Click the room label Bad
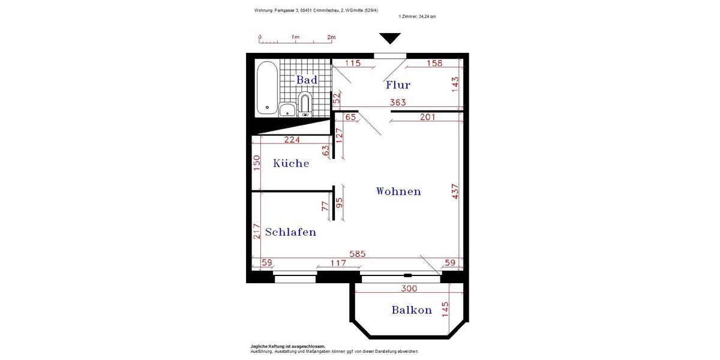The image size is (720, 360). click(307, 80)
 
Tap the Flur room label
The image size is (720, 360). click(398, 85)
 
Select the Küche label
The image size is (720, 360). click(291, 163)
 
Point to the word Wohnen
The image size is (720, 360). click(398, 191)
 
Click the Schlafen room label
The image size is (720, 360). click(290, 232)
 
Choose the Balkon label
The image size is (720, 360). click(412, 310)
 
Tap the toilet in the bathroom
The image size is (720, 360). click(305, 103)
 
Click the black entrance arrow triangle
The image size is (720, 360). click(390, 39)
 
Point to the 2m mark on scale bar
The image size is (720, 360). click(331, 37)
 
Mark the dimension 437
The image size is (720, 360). click(455, 192)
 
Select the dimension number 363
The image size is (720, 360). click(399, 103)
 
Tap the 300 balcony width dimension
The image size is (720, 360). click(409, 289)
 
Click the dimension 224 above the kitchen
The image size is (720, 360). click(292, 140)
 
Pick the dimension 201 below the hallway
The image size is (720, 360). click(427, 118)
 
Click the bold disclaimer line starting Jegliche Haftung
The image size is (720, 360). click(288, 346)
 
